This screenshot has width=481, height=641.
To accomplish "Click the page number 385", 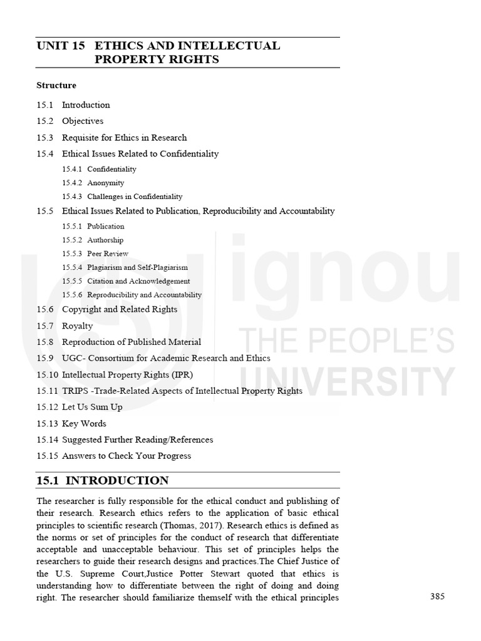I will pos(437,597).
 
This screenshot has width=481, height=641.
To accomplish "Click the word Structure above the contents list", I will pos(56,85).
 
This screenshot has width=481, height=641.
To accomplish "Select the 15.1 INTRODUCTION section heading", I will pos(103,481).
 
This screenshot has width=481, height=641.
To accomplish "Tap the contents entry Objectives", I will pos(83,121).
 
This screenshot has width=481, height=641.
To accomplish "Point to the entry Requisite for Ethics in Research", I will pos(124,137).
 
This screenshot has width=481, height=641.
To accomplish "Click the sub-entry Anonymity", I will pos(106,183).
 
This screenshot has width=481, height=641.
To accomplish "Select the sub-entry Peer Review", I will pos(108,254).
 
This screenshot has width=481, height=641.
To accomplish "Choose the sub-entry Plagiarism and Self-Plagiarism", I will pos(137,267).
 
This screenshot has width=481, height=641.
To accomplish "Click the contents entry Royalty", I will pos(77,326).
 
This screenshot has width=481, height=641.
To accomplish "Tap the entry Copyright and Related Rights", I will pos(120,309).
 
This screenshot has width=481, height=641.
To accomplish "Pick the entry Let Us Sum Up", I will pos(92,407).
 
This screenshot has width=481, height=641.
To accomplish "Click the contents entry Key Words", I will pos(84,423).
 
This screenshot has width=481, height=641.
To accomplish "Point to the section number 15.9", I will pos(44,358).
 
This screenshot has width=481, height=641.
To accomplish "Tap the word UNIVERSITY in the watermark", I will pos(348,380).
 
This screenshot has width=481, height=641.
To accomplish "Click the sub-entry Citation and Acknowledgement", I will pos(138,281).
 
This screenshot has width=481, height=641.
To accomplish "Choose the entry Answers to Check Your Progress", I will pos(127,456).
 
